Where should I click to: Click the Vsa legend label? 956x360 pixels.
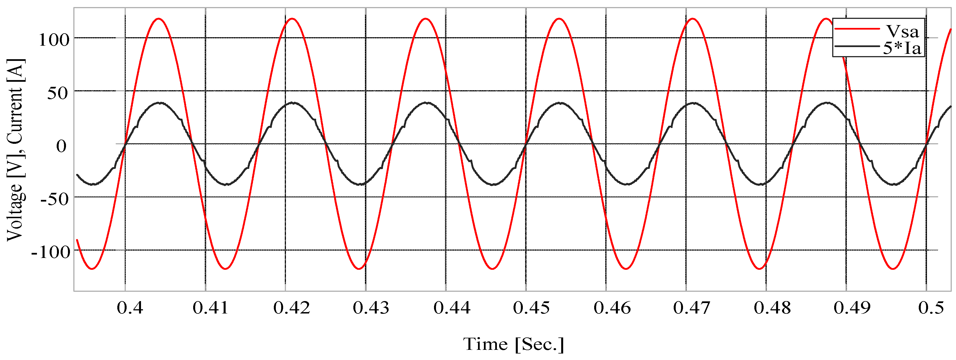coord(902,32)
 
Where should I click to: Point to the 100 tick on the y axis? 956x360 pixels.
coord(54,39)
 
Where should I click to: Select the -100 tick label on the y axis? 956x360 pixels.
coord(50,252)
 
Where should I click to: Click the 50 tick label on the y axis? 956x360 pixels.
coord(58,93)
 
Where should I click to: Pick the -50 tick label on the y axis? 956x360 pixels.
coord(54,199)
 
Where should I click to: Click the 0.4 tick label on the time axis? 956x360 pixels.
coord(130,308)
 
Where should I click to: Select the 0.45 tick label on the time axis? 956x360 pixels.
coord(532,308)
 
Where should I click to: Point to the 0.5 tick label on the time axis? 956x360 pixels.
coord(931,308)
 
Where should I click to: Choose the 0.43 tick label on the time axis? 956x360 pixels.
coord(371,308)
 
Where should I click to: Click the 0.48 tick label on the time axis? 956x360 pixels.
coord(772,308)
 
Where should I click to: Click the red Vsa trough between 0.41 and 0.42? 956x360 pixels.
coord(225,269)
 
